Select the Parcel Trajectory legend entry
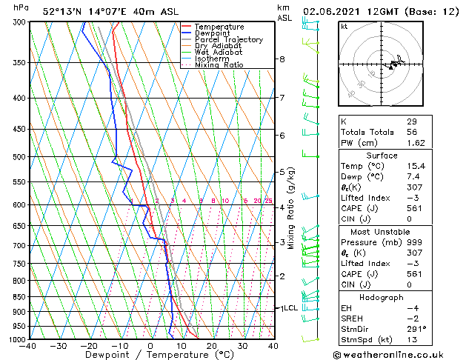pyautogui.click(x=228, y=40)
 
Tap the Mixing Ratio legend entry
pyautogui.click(x=219, y=65)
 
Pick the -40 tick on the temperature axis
pyautogui.click(x=28, y=346)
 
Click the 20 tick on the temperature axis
pyautogui.click(x=212, y=346)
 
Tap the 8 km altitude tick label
pyautogui.click(x=282, y=59)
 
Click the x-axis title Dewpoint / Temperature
pyautogui.click(x=150, y=355)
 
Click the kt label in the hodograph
pyautogui.click(x=344, y=27)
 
